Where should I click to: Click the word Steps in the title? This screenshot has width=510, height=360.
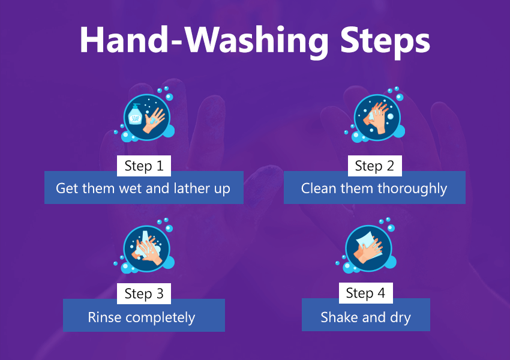pyautogui.click(x=385, y=41)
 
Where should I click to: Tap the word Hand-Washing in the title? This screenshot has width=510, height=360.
pyautogui.click(x=204, y=41)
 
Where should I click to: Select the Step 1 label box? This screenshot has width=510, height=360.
pyautogui.click(x=144, y=166)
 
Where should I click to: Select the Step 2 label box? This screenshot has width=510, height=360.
pyautogui.click(x=374, y=166)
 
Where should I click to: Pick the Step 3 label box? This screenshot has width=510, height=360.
pyautogui.click(x=144, y=293)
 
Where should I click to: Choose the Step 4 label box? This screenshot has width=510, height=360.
pyautogui.click(x=365, y=293)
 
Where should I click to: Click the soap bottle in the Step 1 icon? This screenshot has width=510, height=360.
pyautogui.click(x=135, y=115)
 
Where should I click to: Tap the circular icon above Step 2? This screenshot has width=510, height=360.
pyautogui.click(x=377, y=118)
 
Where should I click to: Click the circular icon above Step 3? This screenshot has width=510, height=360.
pyautogui.click(x=146, y=248)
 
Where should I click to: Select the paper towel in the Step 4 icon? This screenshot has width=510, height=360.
pyautogui.click(x=370, y=245)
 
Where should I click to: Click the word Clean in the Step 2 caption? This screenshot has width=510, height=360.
pyautogui.click(x=319, y=188)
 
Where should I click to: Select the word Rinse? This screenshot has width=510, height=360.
pyautogui.click(x=104, y=317)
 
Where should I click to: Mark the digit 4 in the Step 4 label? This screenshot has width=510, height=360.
pyautogui.click(x=381, y=293)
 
